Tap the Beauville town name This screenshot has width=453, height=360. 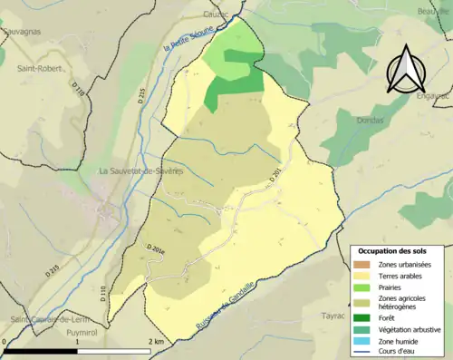click(435, 10)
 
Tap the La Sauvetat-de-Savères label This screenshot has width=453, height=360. click(141, 170)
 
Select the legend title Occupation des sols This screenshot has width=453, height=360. click(399, 251)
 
